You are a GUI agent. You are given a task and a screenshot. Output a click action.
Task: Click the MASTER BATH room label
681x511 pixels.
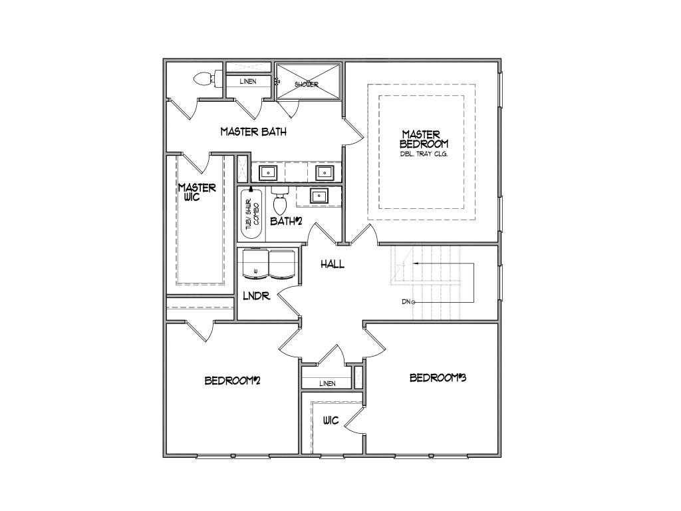[x=253, y=132]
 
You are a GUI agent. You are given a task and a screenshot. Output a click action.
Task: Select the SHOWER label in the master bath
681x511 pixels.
[x=307, y=85]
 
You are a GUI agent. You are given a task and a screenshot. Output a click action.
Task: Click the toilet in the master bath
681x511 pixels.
[x=205, y=79]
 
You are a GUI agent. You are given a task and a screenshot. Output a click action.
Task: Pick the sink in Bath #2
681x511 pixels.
[x=319, y=196]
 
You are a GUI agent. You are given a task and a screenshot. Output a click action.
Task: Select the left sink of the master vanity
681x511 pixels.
[x=267, y=172]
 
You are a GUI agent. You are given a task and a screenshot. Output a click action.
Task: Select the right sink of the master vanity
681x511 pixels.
[x=325, y=172]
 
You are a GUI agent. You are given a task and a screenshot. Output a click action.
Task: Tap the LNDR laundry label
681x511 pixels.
[x=256, y=295]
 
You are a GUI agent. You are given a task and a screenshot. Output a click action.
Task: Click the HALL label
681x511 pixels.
[x=333, y=264]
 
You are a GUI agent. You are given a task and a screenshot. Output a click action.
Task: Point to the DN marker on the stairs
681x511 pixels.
[x=408, y=302]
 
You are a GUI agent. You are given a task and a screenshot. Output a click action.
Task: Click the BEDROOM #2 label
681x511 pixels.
[x=231, y=381]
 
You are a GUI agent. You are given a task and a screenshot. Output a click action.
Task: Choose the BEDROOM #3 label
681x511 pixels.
[x=437, y=378]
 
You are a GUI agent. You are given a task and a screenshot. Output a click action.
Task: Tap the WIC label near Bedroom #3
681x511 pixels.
[x=331, y=421]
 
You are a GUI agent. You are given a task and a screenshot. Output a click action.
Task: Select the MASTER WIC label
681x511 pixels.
[x=197, y=192]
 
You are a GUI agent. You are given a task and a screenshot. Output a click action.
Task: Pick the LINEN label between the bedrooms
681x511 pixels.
[x=327, y=383]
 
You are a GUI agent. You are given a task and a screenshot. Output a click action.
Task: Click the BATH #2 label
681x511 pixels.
[x=287, y=221]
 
